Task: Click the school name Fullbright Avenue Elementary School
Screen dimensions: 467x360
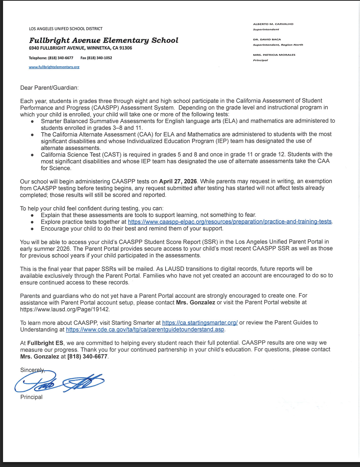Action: [x=104, y=40]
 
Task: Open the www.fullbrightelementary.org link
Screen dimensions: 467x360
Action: [x=54, y=67]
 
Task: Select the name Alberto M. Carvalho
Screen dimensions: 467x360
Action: [x=273, y=24]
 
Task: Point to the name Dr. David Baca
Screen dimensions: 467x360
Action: [x=267, y=39]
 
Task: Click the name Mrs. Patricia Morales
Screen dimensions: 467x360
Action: [x=274, y=55]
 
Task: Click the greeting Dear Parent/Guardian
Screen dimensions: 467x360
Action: [x=49, y=87]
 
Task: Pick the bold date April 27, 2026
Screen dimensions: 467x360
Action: [x=178, y=181]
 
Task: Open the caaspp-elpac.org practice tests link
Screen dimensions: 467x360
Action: [x=229, y=222]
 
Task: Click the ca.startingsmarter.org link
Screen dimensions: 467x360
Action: [x=200, y=322]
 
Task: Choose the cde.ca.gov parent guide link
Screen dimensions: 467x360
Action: [x=145, y=330]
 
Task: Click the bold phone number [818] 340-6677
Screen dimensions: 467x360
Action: [x=88, y=357]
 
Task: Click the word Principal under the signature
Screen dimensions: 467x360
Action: [x=31, y=397]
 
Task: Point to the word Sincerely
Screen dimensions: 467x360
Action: [x=32, y=370]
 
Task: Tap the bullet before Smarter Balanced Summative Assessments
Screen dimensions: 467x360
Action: [x=32, y=121]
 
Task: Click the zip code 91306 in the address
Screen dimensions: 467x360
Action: [x=125, y=48]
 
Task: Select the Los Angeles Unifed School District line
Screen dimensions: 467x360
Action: [x=65, y=29]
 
